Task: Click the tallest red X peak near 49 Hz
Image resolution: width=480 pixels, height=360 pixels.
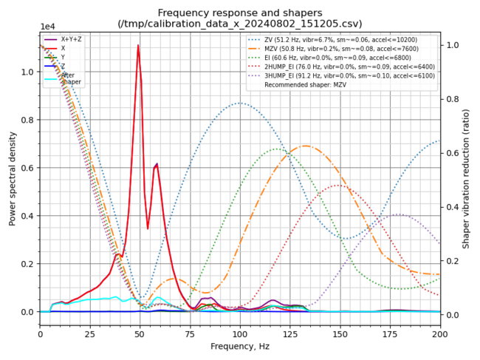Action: coord(138,46)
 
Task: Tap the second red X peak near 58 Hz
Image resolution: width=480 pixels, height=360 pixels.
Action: coord(157,164)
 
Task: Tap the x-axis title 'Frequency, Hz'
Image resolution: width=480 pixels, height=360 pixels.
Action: coord(240,346)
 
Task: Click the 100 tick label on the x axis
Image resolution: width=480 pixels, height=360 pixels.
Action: coord(240,334)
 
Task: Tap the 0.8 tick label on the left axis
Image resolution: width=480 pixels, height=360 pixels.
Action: coord(28,120)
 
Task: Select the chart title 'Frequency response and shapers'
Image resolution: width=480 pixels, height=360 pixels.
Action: coord(240,13)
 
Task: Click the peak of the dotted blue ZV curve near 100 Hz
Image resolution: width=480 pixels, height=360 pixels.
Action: coord(240,103)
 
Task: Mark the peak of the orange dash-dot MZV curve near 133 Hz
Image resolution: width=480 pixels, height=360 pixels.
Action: coord(305,146)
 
